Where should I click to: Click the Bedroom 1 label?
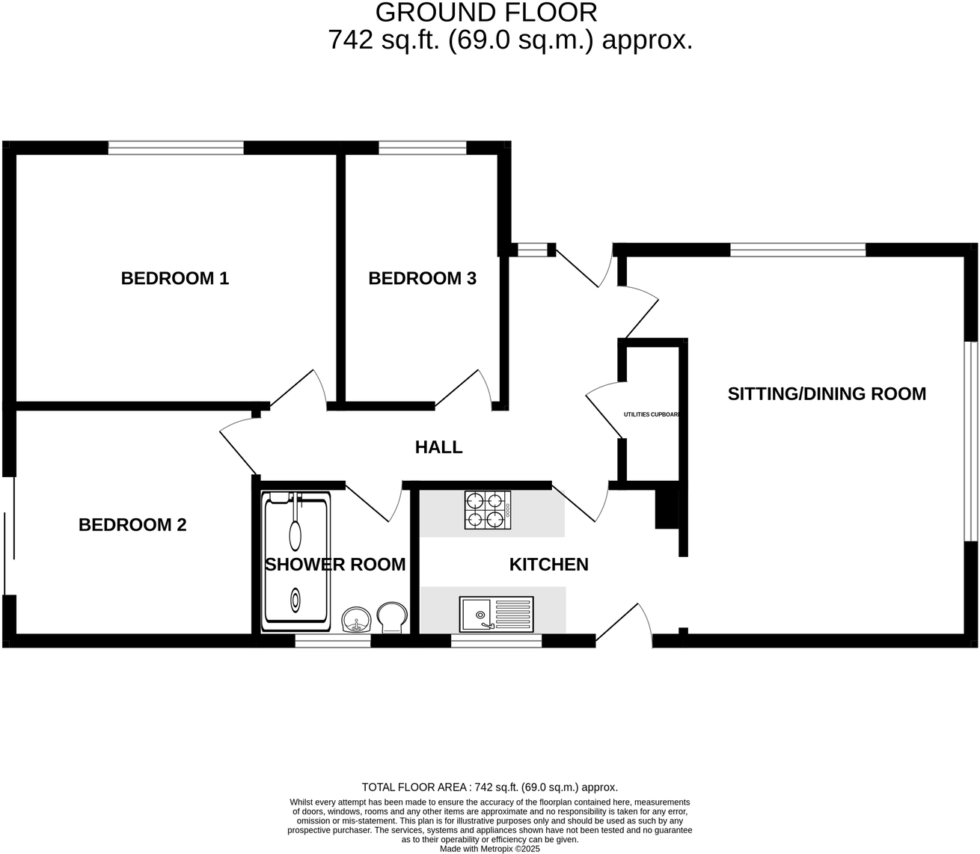pyautogui.click(x=174, y=278)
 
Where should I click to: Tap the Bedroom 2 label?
pyautogui.click(x=132, y=525)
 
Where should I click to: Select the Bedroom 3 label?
pyautogui.click(x=422, y=278)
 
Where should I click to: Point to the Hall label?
pyautogui.click(x=438, y=447)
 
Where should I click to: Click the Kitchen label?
pyautogui.click(x=548, y=565)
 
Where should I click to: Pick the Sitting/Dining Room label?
pyautogui.click(x=827, y=393)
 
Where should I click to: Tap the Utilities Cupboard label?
pyautogui.click(x=652, y=414)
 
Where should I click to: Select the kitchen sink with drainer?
pyautogui.click(x=497, y=613)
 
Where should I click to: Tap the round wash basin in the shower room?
pyautogui.click(x=357, y=620)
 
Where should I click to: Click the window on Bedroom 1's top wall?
pyautogui.click(x=176, y=148)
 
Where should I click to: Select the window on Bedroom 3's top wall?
pyautogui.click(x=423, y=148)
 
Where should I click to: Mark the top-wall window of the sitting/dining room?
pyautogui.click(x=797, y=251)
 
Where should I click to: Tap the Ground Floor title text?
pyautogui.click(x=486, y=13)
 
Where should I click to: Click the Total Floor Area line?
pyautogui.click(x=489, y=787)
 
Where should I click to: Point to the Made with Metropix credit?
pyautogui.click(x=489, y=849)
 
